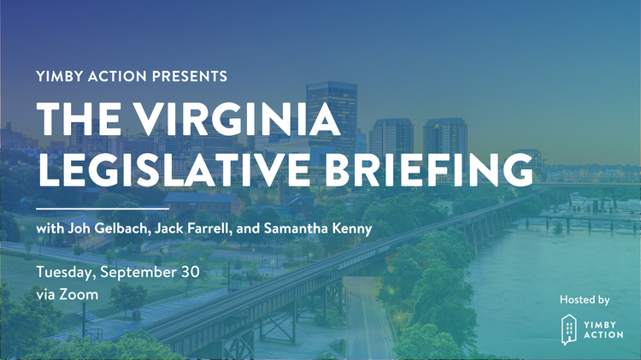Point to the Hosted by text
click(585, 299)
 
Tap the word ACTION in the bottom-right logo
click(603, 336)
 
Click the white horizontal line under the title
click(103, 207)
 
